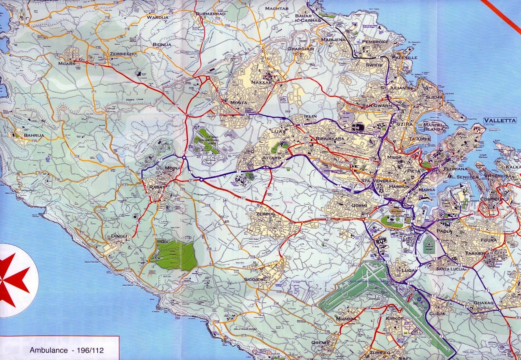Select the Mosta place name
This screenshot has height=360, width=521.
tap(238, 103)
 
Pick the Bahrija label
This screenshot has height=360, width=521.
tap(34, 135)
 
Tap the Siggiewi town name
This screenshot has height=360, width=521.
tap(255, 280)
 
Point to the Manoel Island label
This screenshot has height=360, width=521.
tap(433, 127)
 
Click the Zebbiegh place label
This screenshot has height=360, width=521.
tap(121, 54)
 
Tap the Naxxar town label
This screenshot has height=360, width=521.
tap(261, 82)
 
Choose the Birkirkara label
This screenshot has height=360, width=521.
tap(330, 139)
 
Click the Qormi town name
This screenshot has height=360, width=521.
tap(359, 206)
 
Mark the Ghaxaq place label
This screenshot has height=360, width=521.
tap(484, 303)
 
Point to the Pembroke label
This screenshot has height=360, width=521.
tap(375, 42)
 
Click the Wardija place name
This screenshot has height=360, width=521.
tap(158, 17)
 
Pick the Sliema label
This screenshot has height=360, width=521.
tap(434, 97)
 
